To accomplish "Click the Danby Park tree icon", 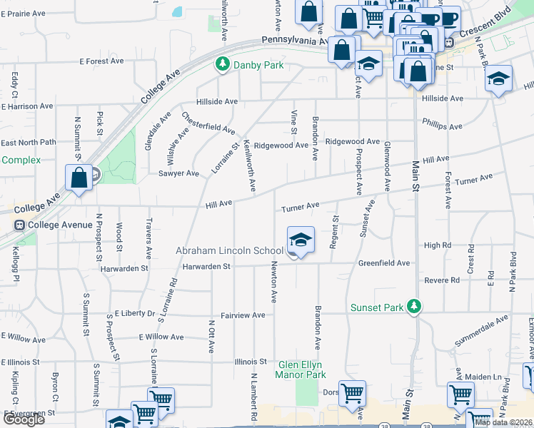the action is point(222,65).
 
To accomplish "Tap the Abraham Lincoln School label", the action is point(230,251).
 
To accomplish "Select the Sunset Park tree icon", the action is point(413,307).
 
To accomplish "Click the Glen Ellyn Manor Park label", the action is point(301,370).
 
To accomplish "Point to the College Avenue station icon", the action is point(19,225).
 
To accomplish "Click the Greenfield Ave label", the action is point(384,263).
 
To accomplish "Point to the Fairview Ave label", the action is point(243,315).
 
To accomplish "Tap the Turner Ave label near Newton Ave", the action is point(300,208).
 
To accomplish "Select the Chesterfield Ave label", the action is point(208,123).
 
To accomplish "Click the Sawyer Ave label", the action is point(178,173).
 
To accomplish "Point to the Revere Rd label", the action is point(442,280).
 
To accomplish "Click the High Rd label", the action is point(438,245).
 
